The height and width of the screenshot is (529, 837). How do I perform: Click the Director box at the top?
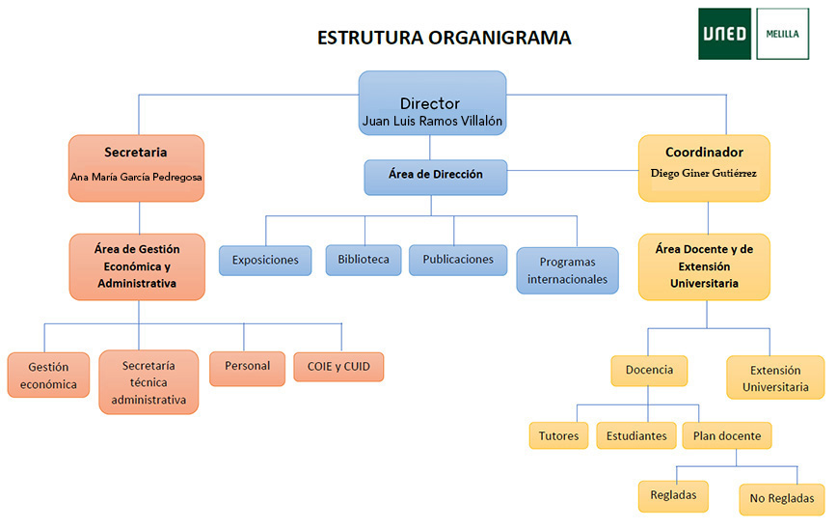pyautogui.click(x=430, y=103)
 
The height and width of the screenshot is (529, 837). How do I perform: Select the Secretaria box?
pyautogui.click(x=136, y=167)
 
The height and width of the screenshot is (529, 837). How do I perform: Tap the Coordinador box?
pyautogui.click(x=704, y=167)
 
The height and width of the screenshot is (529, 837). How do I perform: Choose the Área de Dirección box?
pyautogui.click(x=435, y=177)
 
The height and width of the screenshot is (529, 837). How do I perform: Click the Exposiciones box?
pyautogui.click(x=265, y=260)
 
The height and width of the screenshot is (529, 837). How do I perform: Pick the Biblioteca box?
pyautogui.click(x=363, y=259)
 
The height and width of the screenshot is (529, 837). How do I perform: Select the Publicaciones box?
pyautogui.click(x=458, y=259)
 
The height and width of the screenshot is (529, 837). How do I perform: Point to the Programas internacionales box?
pyautogui.click(x=567, y=270)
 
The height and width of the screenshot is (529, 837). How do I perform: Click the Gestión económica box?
pyautogui.click(x=48, y=376)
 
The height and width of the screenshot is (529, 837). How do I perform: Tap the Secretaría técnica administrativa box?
pyautogui.click(x=148, y=382)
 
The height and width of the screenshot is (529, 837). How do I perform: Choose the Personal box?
pyautogui.click(x=247, y=367)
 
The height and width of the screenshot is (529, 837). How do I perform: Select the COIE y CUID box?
pyautogui.click(x=338, y=367)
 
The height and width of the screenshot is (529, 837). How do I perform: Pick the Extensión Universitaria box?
pyautogui.click(x=775, y=377)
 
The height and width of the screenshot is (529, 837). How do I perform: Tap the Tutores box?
pyautogui.click(x=558, y=435)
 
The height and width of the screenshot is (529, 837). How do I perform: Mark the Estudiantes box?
pyautogui.click(x=636, y=435)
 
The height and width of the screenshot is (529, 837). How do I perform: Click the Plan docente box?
pyautogui.click(x=726, y=435)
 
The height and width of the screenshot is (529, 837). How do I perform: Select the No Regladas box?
pyautogui.click(x=782, y=498)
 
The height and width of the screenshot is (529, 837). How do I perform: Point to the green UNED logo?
pyautogui.click(x=725, y=34)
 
